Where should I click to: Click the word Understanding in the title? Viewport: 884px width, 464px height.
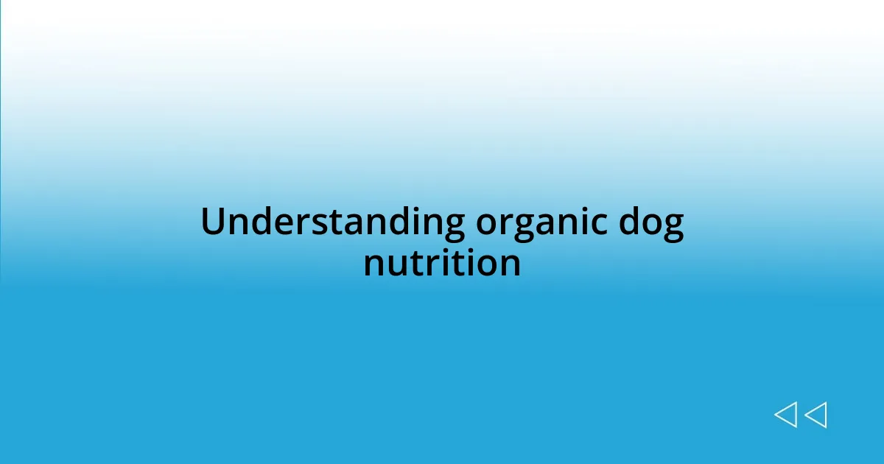tap(332, 222)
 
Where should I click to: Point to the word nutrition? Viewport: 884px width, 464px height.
tap(442, 263)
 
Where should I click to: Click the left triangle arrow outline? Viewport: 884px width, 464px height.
tap(785, 415)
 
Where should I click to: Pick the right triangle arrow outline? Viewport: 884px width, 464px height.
tap(815, 415)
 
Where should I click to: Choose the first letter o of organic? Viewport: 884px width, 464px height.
tap(488, 224)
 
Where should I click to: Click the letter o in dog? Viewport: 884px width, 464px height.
tap(650, 224)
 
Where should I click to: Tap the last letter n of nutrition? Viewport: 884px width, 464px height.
tap(510, 264)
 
